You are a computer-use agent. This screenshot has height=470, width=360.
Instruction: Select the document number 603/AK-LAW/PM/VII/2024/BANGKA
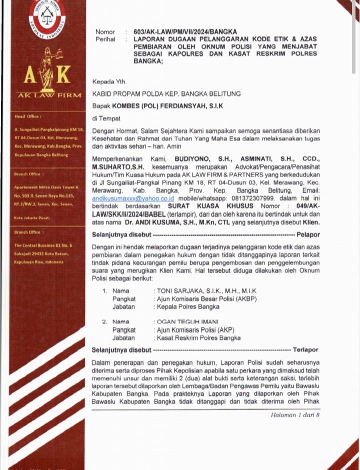pyautogui.click(x=185, y=32)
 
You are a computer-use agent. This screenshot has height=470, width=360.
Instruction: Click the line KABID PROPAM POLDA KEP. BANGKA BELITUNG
pyautogui.click(x=166, y=93)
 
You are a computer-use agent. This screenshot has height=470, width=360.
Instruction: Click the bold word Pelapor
pyautogui.click(x=308, y=234)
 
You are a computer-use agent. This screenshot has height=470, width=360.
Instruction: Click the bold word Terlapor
pyautogui.click(x=305, y=349)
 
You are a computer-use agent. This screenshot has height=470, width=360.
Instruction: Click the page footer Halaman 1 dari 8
pyautogui.click(x=295, y=415)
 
